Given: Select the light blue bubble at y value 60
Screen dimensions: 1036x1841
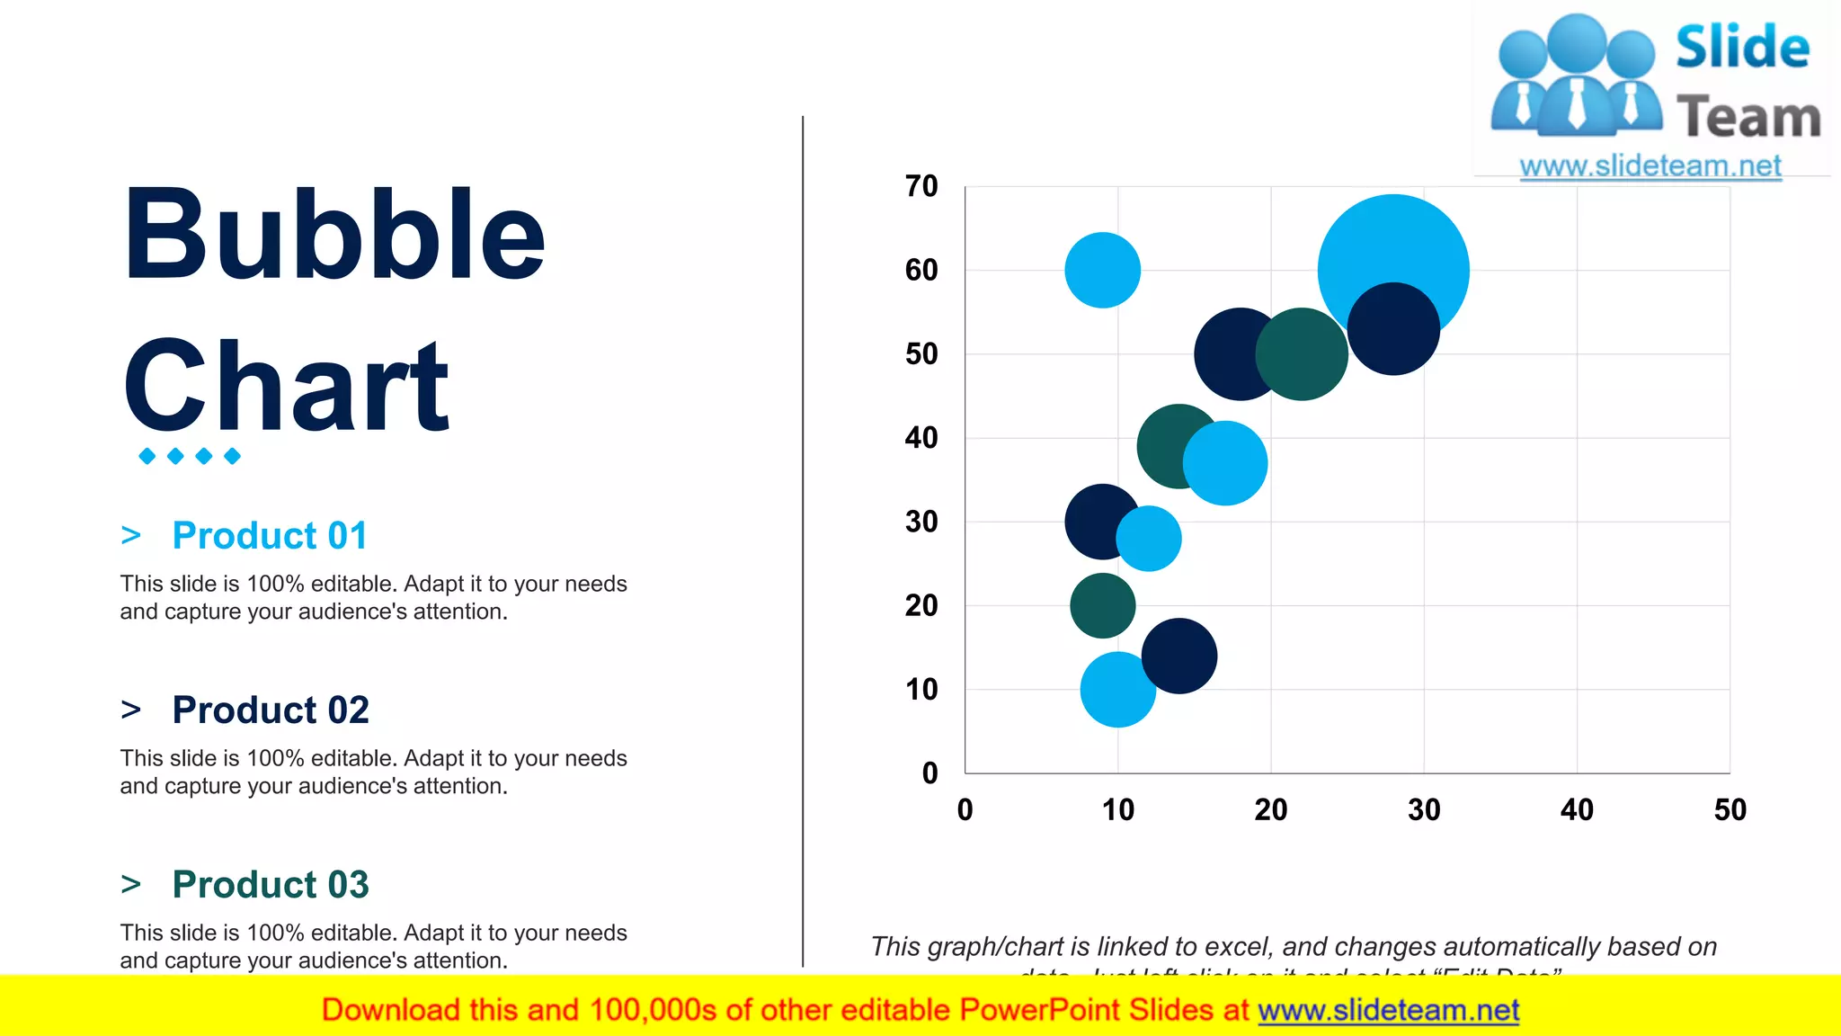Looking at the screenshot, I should tap(1102, 270).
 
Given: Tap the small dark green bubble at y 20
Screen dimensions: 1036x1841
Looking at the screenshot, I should tap(1102, 605).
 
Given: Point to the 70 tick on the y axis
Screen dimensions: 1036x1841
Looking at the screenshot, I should tap(921, 186).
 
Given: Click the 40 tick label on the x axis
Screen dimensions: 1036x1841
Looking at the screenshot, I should tap(1577, 809).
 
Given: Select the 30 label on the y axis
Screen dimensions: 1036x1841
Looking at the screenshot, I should tap(921, 522).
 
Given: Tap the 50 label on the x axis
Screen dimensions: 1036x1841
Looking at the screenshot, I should tap(1730, 809).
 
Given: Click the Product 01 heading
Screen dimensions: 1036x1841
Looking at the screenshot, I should tap(270, 535).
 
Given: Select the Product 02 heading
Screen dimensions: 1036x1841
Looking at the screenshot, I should tap(270, 710).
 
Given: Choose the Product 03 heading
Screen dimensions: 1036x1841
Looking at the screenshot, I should tap(270, 884).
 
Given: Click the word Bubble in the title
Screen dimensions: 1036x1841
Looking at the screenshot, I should tap(334, 234).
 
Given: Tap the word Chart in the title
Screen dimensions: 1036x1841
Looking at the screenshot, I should tap(286, 385).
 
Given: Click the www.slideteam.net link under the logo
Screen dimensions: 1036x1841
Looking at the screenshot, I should tap(1650, 165).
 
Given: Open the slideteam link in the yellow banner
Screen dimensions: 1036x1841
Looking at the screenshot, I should tap(1388, 1010).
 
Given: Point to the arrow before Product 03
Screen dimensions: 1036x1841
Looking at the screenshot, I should tap(131, 884).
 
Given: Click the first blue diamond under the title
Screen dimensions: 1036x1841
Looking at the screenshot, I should tap(147, 456).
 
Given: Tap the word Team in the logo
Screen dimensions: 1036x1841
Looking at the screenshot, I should tap(1748, 117).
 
